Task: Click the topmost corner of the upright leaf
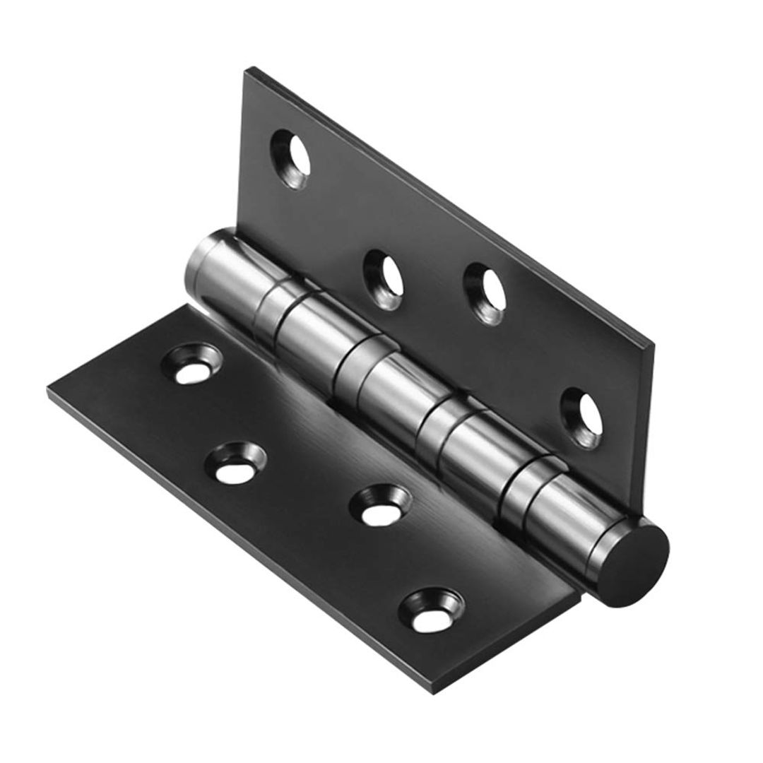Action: pyautogui.click(x=248, y=70)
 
